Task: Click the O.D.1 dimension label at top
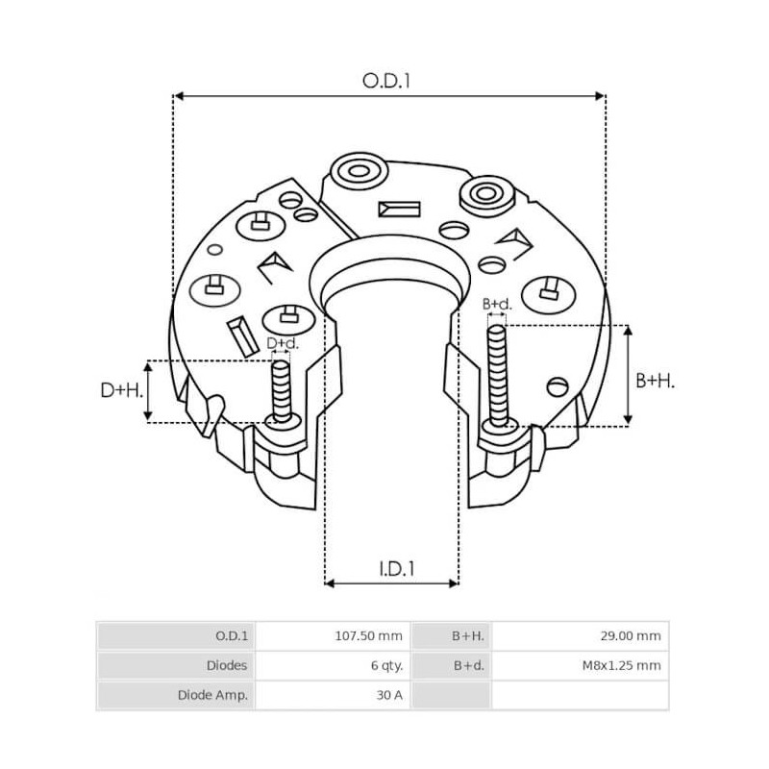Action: coord(386,82)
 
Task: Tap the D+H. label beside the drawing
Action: coord(121,390)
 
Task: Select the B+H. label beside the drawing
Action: coord(656,381)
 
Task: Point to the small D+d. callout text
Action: coord(283,343)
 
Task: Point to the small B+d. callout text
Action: coord(497,305)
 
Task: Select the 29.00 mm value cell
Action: coord(630,635)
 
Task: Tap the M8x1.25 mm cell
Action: coord(622,665)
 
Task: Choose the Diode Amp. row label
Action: coord(213,695)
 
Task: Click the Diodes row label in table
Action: coord(227,665)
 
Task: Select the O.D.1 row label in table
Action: coord(232,635)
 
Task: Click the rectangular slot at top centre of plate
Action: coord(400,209)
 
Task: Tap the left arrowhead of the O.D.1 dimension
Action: coord(178,96)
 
